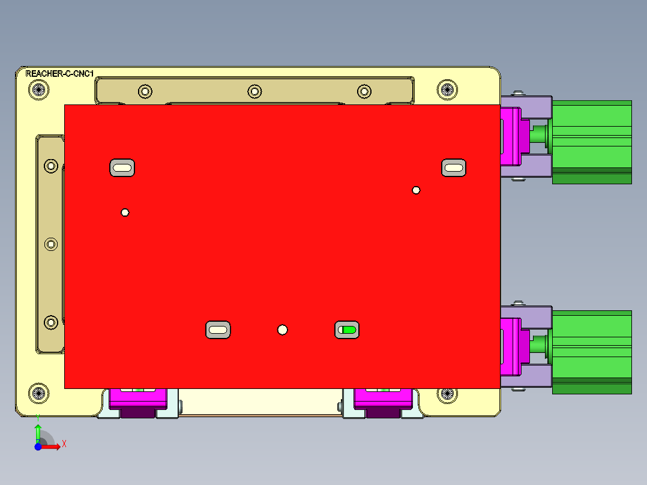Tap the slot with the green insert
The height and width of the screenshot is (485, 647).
pos(347,330)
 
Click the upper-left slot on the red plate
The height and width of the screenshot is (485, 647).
pos(122,168)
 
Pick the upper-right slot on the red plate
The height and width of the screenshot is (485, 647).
pos(454,168)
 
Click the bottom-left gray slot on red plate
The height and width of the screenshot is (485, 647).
pos(218,330)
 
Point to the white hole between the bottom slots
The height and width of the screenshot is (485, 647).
pos(283,330)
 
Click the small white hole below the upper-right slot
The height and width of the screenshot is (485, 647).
pos(416,190)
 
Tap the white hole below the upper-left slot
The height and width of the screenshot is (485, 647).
pos(125,212)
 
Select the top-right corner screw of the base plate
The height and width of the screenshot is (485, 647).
pos(446,90)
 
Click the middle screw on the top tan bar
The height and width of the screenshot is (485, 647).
pos(254,91)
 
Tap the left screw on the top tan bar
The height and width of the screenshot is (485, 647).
pos(145,91)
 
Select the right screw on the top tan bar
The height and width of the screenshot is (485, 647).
pos(364,91)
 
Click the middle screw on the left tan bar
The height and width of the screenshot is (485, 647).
pos(51,244)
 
